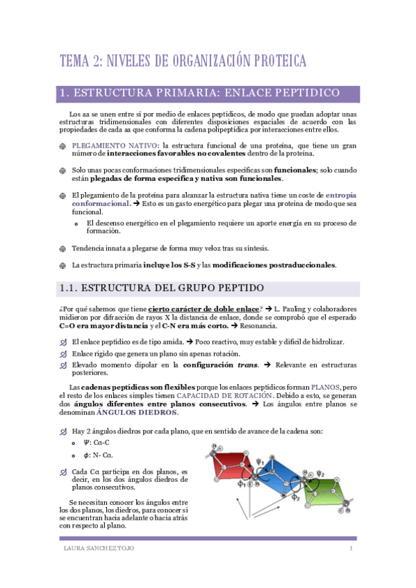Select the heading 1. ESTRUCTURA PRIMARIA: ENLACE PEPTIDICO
point(200,93)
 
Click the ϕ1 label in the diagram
point(242,483)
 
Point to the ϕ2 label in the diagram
point(295,497)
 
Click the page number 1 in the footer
point(351,549)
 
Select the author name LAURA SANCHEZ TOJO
point(92,549)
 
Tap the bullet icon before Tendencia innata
point(62,248)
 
